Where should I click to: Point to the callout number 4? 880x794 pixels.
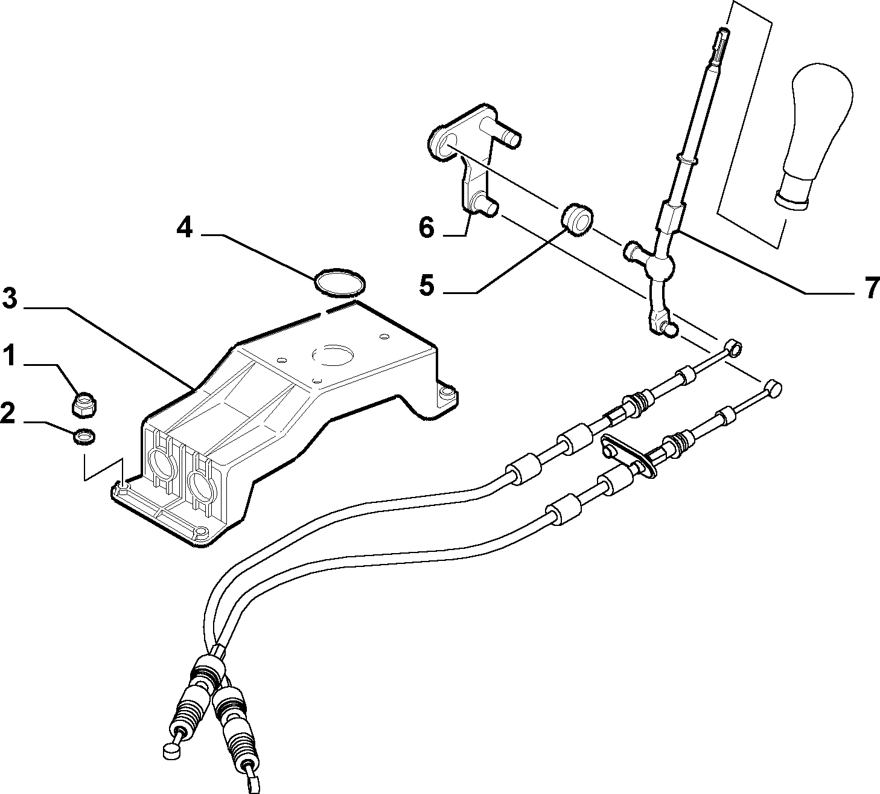point(185,228)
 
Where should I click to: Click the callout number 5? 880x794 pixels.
point(426,285)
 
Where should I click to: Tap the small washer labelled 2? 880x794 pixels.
point(85,437)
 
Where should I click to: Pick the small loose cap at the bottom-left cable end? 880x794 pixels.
point(170,751)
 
